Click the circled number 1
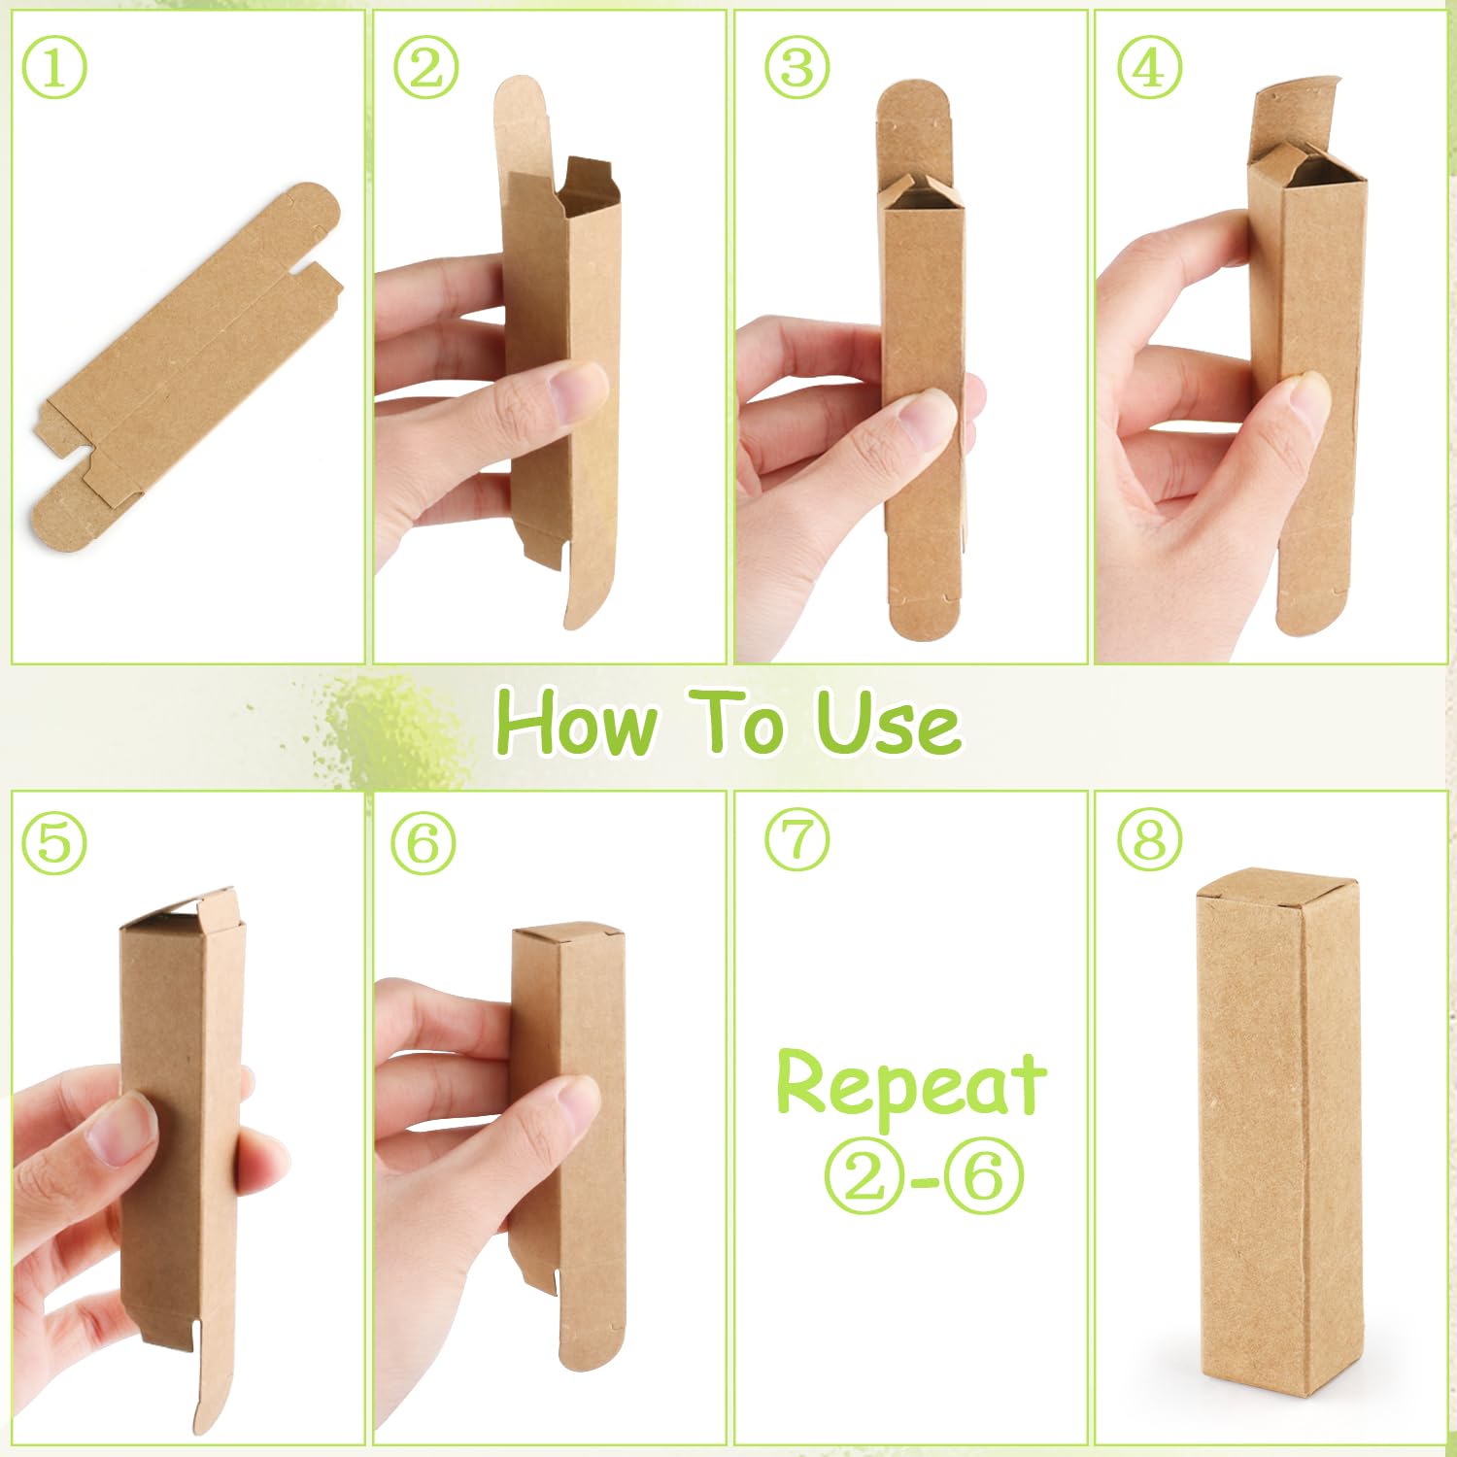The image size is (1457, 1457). [54, 67]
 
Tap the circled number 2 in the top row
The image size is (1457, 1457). [425, 67]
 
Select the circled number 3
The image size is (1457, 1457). [796, 67]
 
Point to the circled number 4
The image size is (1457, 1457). [1149, 67]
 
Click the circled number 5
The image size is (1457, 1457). [54, 841]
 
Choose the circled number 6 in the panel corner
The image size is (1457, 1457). [424, 841]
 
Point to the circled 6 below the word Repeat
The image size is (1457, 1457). [983, 1176]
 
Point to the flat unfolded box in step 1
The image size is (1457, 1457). [186, 365]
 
